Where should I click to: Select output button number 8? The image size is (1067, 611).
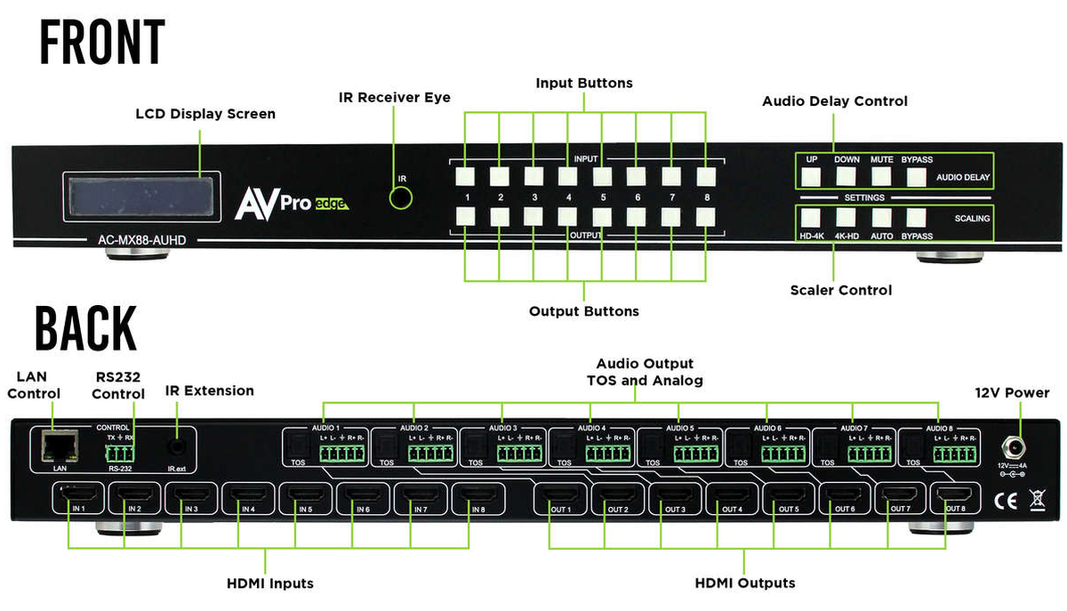coord(705,215)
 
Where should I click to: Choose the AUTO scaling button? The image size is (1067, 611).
coord(880,216)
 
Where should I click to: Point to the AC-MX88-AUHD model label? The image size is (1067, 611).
coord(136,240)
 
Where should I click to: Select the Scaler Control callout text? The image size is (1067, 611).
coord(840,290)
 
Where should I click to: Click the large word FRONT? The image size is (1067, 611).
coord(102,42)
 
